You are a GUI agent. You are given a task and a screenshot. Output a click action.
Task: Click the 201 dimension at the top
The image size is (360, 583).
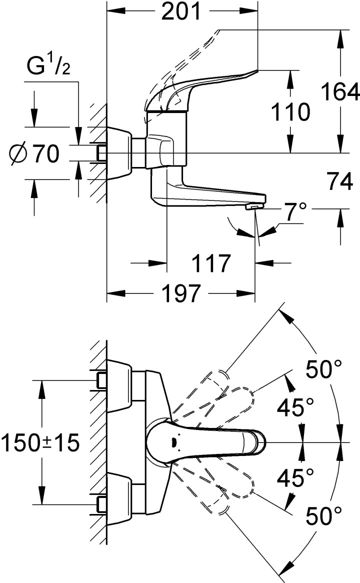181,12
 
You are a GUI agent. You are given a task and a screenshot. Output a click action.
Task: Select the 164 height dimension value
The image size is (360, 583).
340,92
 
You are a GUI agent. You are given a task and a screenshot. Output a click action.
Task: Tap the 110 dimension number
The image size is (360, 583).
290,112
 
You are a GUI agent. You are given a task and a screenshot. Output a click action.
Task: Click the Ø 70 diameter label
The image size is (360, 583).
34,153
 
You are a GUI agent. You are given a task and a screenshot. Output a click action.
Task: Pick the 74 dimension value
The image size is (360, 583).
340,182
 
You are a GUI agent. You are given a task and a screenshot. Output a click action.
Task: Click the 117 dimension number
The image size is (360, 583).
211,263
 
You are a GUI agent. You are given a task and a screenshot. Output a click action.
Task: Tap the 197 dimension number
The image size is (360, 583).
181,293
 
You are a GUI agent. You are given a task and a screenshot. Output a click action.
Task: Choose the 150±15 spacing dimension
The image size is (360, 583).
40,442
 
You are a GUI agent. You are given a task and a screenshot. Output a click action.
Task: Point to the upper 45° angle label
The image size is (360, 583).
295,407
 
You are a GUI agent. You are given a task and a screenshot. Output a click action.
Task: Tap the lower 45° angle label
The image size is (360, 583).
295,478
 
